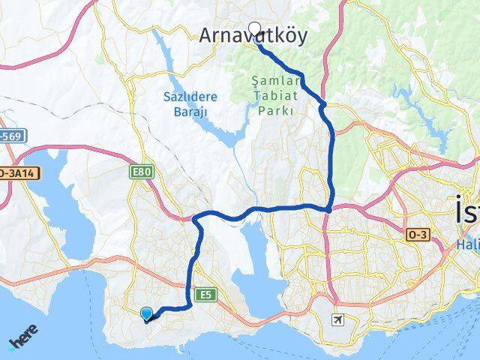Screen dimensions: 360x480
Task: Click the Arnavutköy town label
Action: coord(253,36)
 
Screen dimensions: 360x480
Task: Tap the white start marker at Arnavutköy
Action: coord(254,29)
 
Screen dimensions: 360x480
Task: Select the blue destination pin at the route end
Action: coord(146,314)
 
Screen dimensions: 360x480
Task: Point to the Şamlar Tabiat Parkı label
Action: coord(274,95)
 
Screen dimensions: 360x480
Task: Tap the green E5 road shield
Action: coord(205,295)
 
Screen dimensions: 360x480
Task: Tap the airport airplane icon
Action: coord(338,320)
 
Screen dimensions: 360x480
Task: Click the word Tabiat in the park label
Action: coord(274,95)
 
